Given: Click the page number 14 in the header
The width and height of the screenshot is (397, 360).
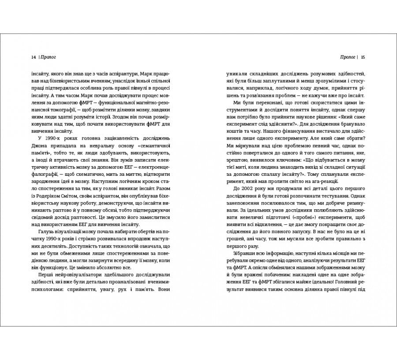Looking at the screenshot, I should (x=34, y=57).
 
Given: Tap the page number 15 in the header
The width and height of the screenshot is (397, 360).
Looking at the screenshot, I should (x=369, y=57).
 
